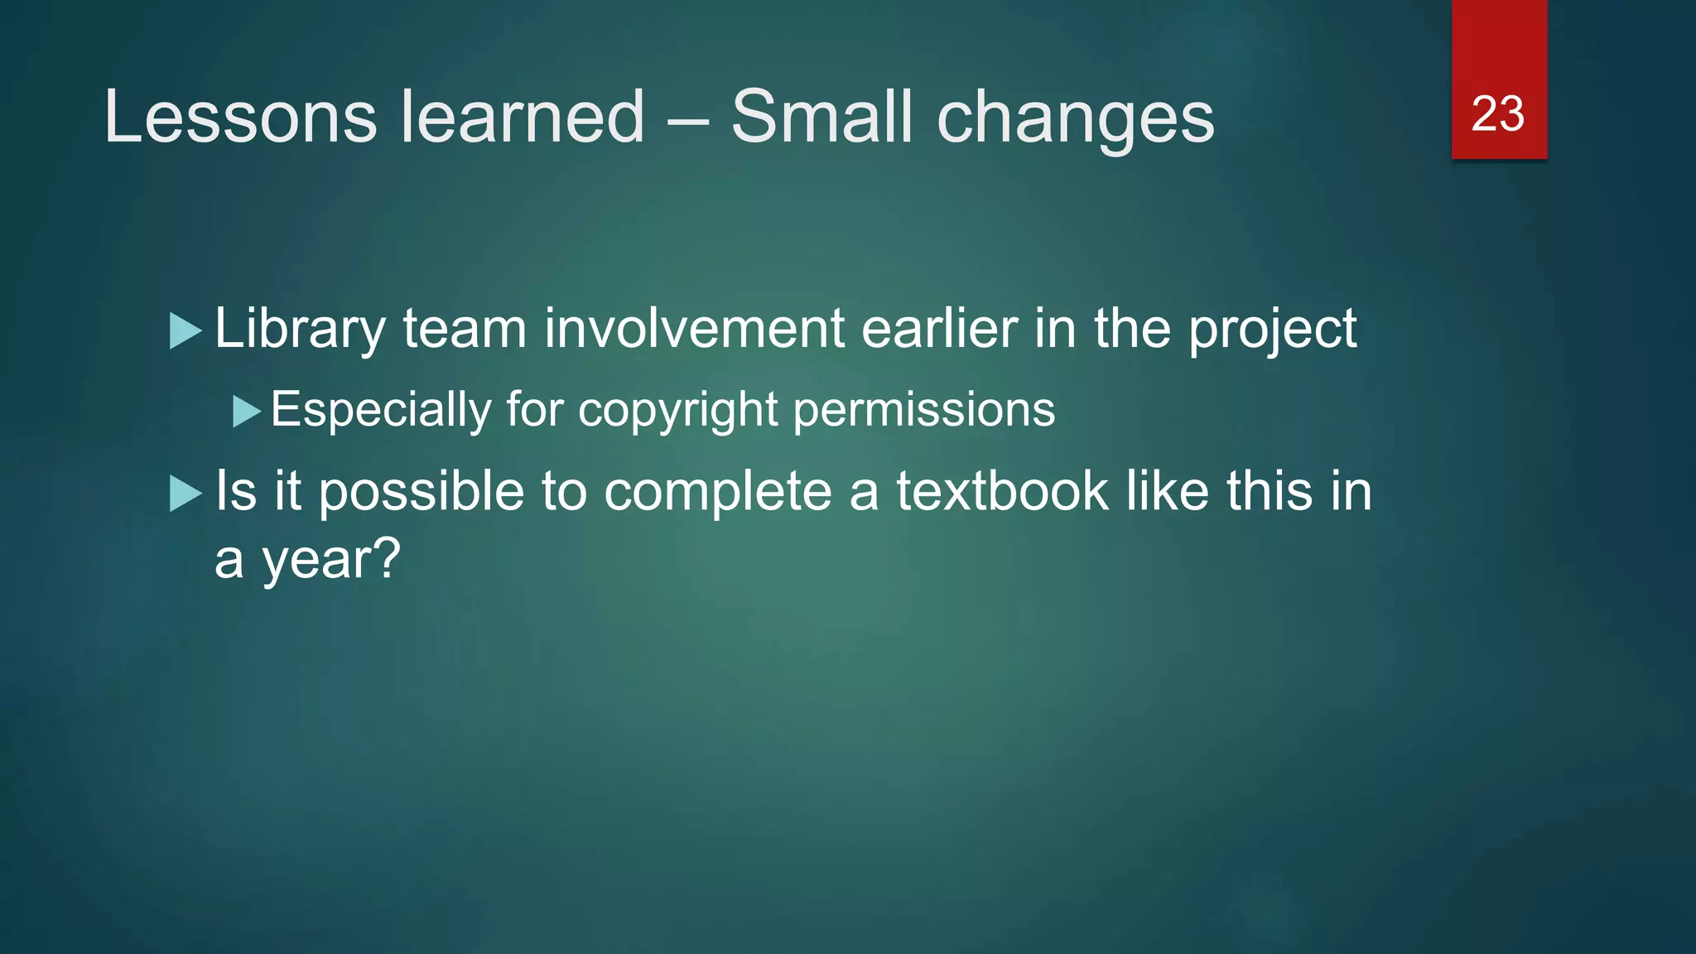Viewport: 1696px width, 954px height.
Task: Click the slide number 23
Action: click(1497, 113)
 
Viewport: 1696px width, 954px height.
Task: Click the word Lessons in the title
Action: click(240, 117)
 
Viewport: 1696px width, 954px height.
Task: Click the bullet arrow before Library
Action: click(185, 331)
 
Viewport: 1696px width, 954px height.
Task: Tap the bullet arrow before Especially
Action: click(247, 411)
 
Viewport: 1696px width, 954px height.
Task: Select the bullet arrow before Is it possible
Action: click(185, 494)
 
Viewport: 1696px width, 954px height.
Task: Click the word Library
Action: click(300, 330)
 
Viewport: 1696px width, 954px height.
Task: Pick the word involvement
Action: click(694, 328)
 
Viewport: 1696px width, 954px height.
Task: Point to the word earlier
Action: click(939, 328)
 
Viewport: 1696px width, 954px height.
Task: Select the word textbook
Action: click(1002, 491)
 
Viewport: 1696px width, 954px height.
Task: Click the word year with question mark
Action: click(331, 561)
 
